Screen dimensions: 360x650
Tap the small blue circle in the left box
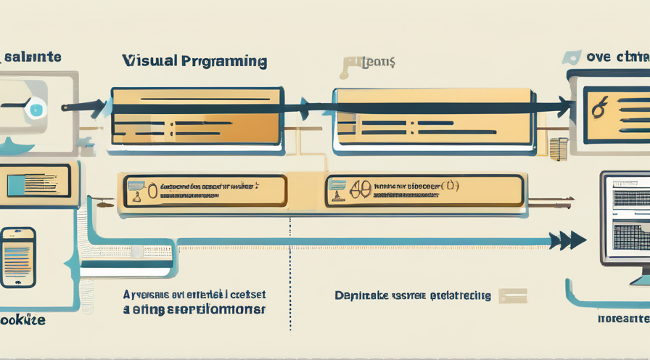click(37, 109)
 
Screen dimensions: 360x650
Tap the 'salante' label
click(33, 56)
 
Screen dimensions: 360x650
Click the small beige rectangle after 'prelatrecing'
click(512, 295)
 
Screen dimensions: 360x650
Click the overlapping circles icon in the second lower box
click(358, 191)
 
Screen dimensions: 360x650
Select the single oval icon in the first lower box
click(152, 192)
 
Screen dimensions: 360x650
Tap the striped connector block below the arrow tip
click(558, 149)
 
